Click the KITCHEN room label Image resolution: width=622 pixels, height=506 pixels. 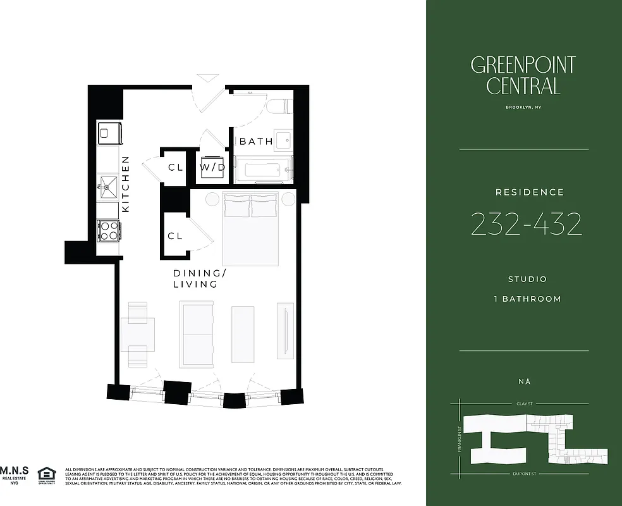tap(125, 184)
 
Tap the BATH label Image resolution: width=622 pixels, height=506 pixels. tap(256, 142)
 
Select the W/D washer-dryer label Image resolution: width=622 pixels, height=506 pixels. tap(213, 168)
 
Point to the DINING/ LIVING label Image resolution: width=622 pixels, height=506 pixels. tap(199, 278)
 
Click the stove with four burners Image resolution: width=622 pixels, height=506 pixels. tap(109, 230)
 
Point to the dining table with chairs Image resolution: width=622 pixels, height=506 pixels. tap(138, 334)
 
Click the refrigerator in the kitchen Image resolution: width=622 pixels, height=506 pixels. tap(109, 132)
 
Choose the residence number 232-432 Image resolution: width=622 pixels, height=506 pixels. tap(526, 224)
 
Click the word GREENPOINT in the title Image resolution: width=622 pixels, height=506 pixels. tap(523, 65)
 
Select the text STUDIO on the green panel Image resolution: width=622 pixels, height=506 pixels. tap(527, 279)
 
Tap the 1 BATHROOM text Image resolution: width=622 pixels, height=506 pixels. tap(527, 299)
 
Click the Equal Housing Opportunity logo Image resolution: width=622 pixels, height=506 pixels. tap(46, 474)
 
